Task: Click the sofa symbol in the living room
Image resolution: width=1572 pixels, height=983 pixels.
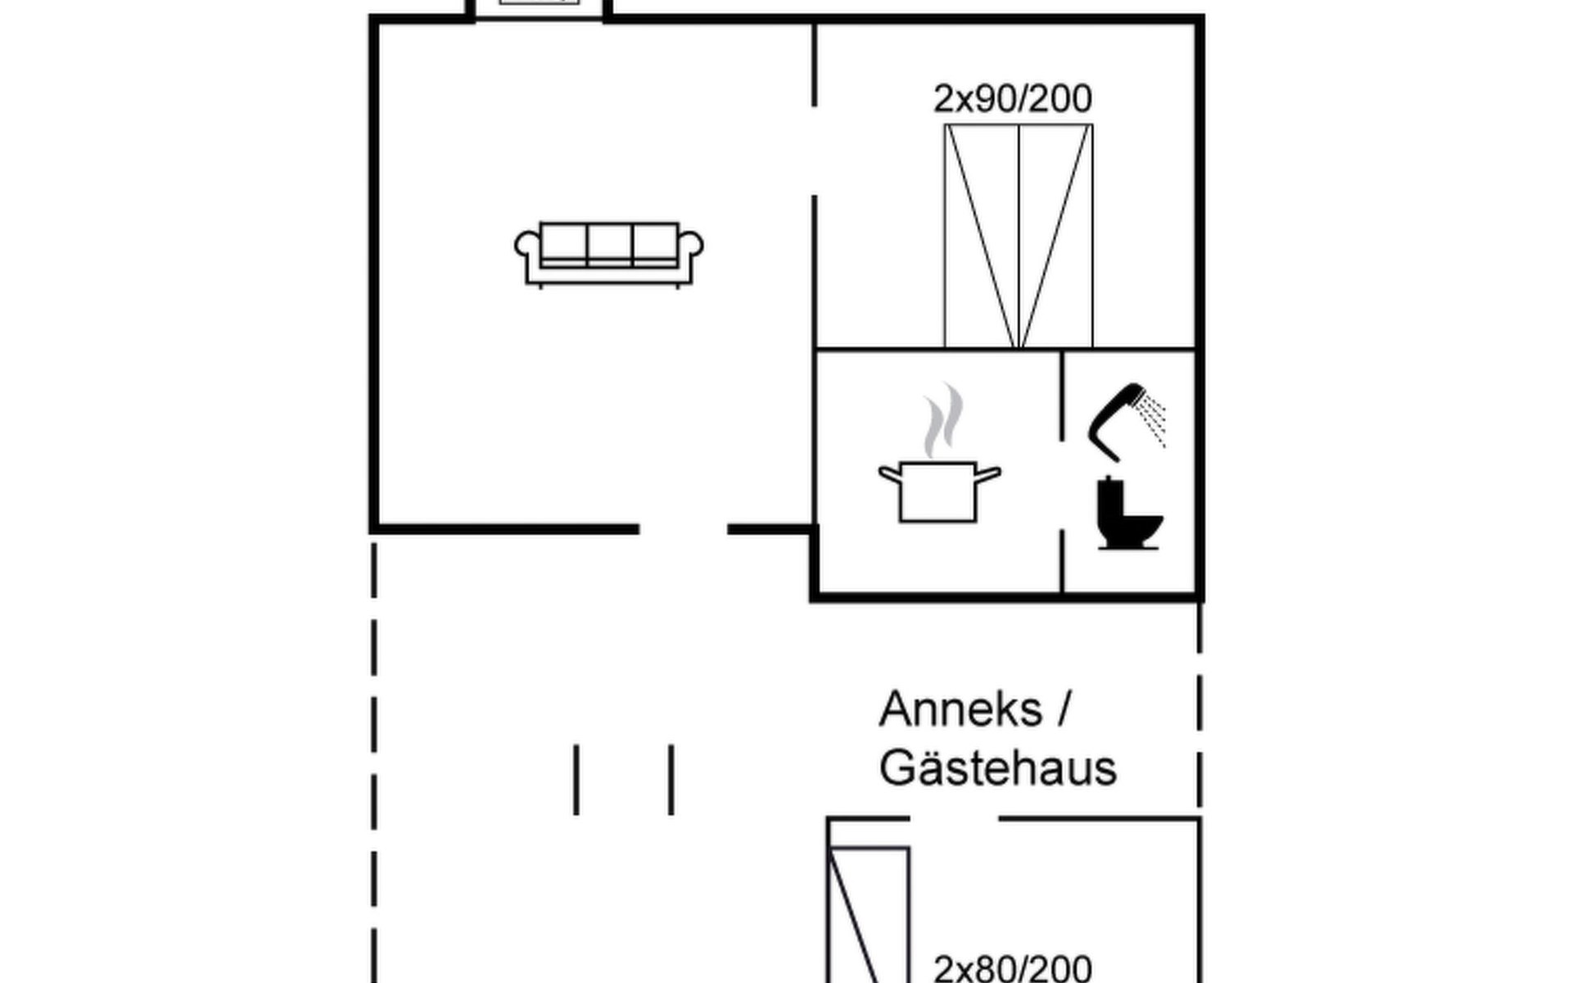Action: pos(608,253)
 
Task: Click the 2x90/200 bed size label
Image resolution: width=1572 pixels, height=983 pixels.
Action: pos(1012,99)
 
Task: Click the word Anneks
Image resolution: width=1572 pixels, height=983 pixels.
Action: pos(960,709)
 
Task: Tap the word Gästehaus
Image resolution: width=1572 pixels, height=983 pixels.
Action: pos(998,768)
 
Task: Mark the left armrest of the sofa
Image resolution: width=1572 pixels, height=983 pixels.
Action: pos(527,247)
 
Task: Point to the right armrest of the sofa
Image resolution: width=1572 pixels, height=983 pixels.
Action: pos(691,247)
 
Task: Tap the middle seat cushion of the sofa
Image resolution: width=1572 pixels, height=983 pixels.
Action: pos(608,242)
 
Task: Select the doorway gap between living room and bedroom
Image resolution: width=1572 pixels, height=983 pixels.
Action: pos(815,151)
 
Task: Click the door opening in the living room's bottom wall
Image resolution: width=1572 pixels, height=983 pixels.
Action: pos(683,530)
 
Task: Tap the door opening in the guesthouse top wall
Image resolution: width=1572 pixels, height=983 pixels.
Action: pos(954,818)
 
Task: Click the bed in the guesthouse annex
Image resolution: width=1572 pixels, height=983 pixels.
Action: pos(868,917)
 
